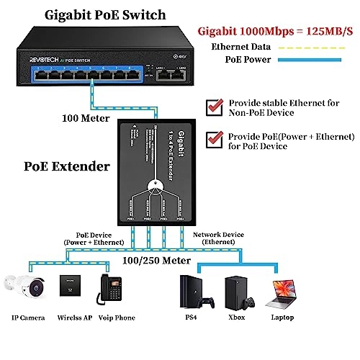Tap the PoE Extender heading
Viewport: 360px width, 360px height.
58,167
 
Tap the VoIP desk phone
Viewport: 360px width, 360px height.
112,286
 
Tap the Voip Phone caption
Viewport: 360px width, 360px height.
117,317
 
